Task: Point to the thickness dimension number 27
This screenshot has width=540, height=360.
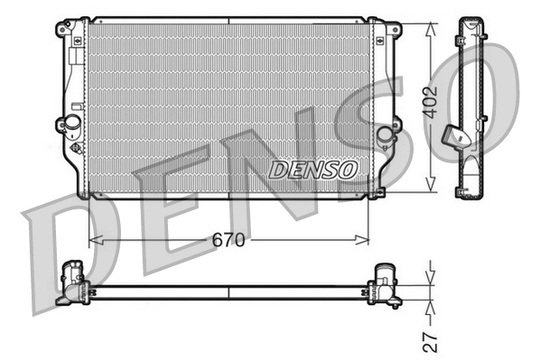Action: [x=432, y=340]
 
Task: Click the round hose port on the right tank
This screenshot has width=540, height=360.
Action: [x=385, y=135]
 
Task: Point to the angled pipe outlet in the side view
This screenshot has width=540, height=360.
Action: [x=455, y=136]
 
